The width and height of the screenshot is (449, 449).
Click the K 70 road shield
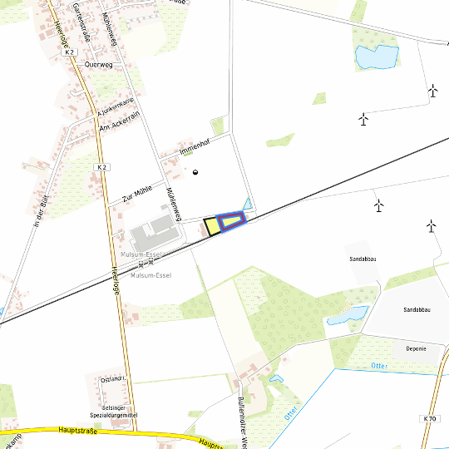pyautogui.click(x=429, y=418)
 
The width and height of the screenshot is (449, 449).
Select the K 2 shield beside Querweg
pyautogui.click(x=69, y=52)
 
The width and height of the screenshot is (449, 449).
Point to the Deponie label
pyautogui.click(x=415, y=348)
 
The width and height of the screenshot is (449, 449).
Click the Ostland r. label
pyautogui.click(x=113, y=379)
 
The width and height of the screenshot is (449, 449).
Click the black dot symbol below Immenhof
pyautogui.click(x=195, y=172)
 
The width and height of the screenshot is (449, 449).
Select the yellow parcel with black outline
pyautogui.click(x=212, y=225)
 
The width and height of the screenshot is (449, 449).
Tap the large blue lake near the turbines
pyautogui.click(x=376, y=57)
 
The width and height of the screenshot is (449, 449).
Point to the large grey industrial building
pyautogui.click(x=150, y=232)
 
